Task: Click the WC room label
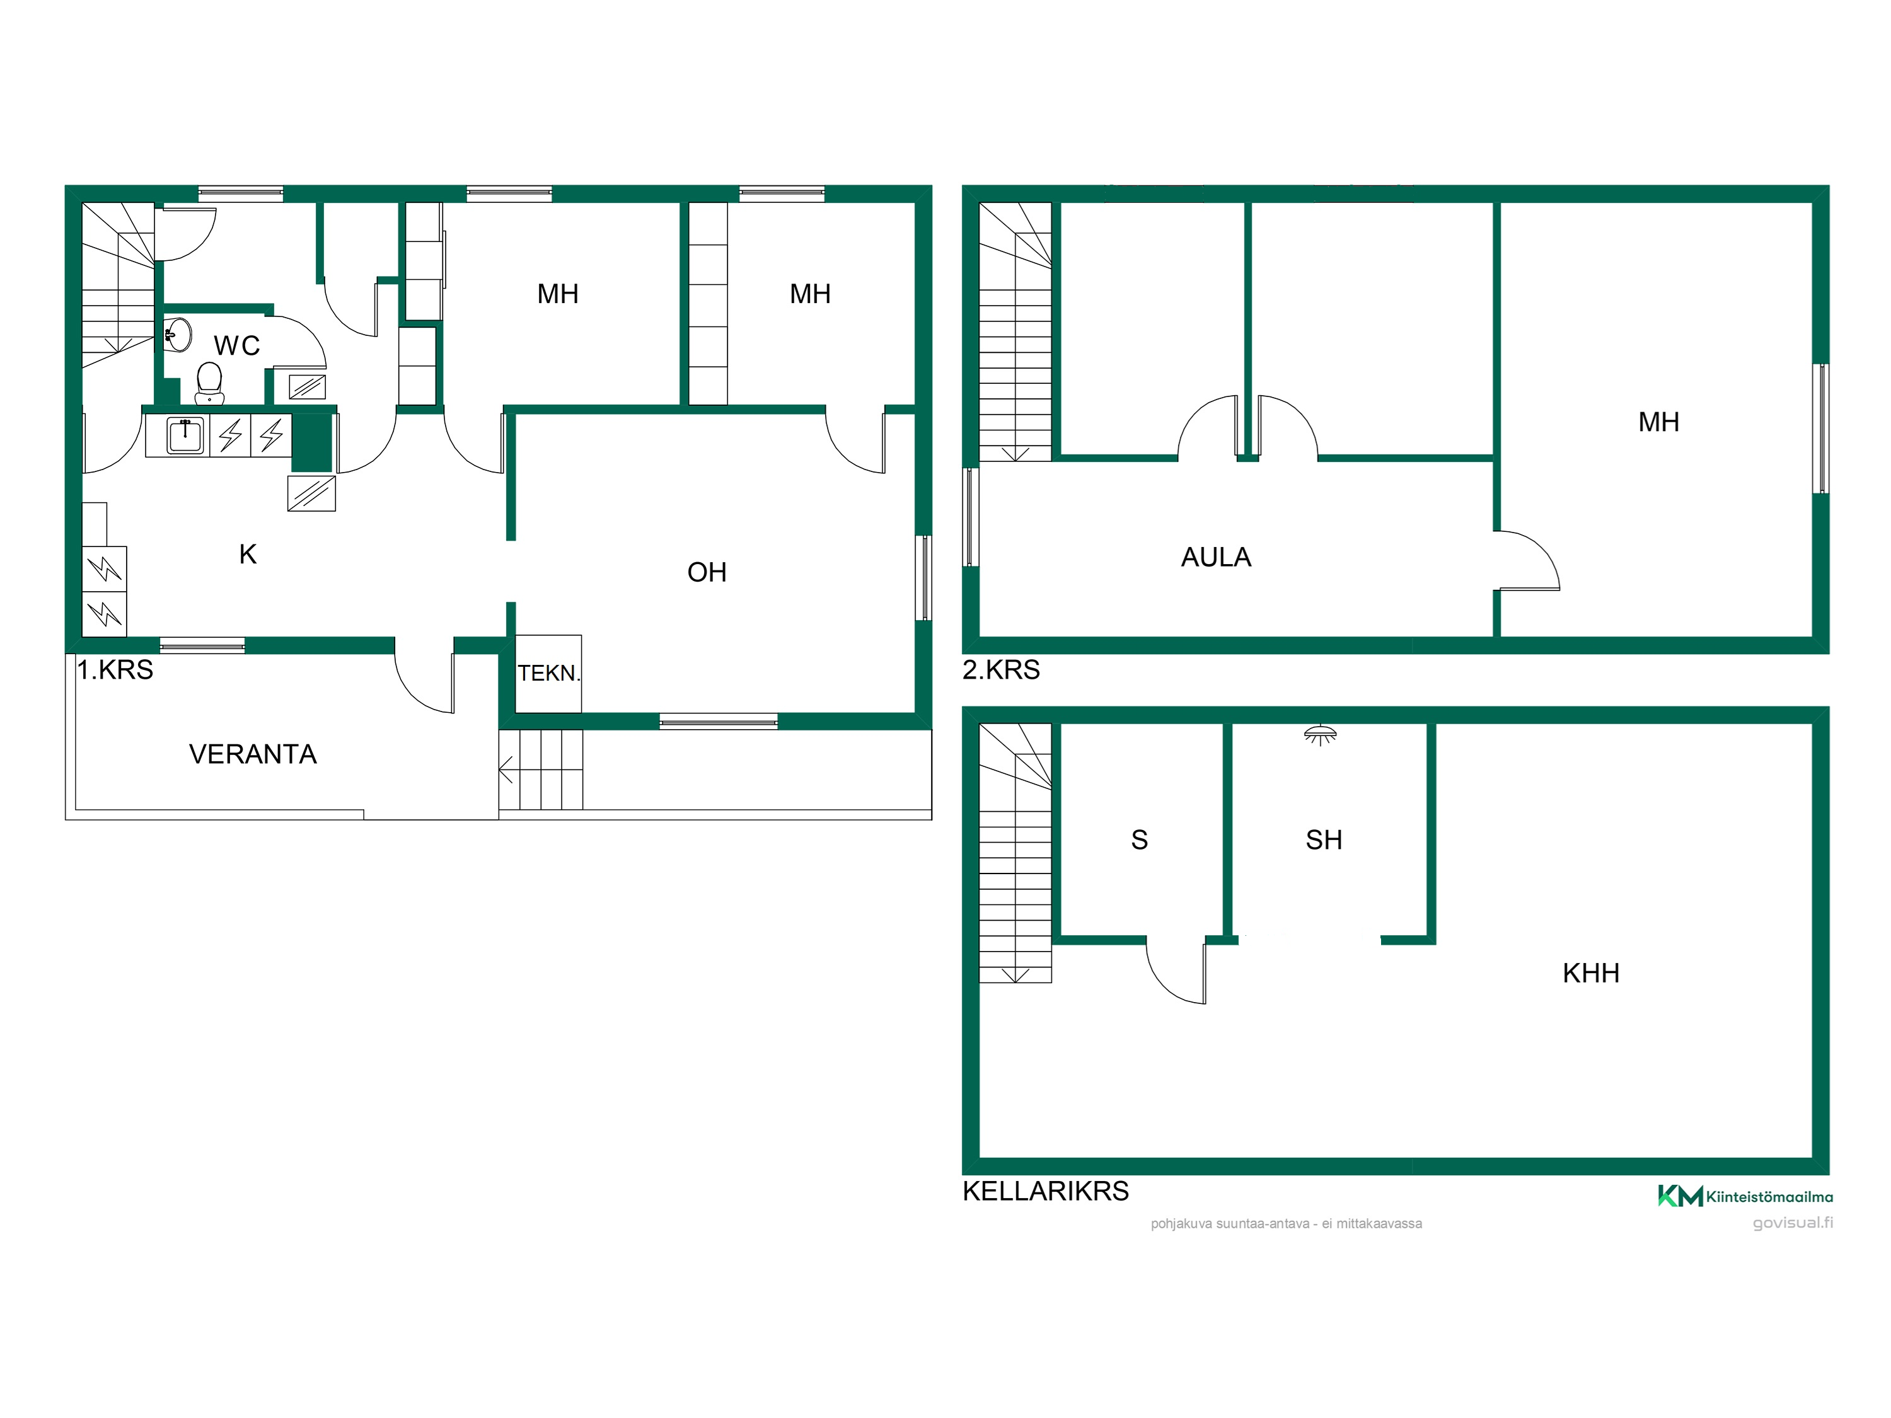[x=237, y=345]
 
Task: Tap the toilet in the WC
[x=209, y=383]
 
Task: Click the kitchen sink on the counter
[x=185, y=435]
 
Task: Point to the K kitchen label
[x=248, y=554]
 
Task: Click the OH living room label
[x=707, y=572]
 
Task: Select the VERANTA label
[x=253, y=754]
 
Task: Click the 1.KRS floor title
[x=115, y=669]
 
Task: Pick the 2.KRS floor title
[x=1001, y=669]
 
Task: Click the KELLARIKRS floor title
[x=1046, y=1190]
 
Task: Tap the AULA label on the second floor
[x=1216, y=557]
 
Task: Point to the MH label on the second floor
[x=1658, y=422]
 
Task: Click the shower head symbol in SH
[x=1320, y=734]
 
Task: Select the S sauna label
[x=1140, y=839]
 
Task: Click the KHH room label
[x=1591, y=972]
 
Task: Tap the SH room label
[x=1323, y=839]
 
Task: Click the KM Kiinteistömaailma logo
[x=1745, y=1196]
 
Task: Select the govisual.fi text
[x=1793, y=1222]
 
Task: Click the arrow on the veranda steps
[x=506, y=770]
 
